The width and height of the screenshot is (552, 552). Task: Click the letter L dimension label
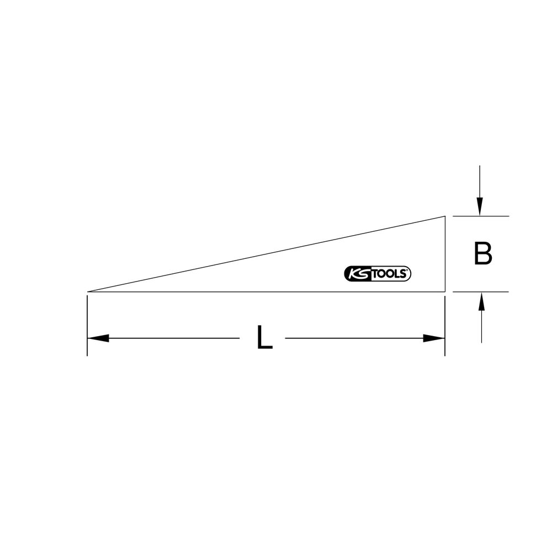click(x=265, y=337)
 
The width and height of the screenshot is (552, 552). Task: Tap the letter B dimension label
click(x=482, y=253)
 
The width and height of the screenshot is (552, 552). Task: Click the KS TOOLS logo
click(x=377, y=274)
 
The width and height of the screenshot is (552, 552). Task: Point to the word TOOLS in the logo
click(x=389, y=274)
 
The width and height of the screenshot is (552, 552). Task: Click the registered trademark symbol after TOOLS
click(x=408, y=270)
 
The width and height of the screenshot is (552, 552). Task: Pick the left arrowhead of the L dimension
click(x=98, y=338)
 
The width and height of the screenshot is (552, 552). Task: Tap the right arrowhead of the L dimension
click(x=434, y=338)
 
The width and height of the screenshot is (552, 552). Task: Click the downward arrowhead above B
click(x=480, y=206)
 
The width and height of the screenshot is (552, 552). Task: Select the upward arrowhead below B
click(x=481, y=302)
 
